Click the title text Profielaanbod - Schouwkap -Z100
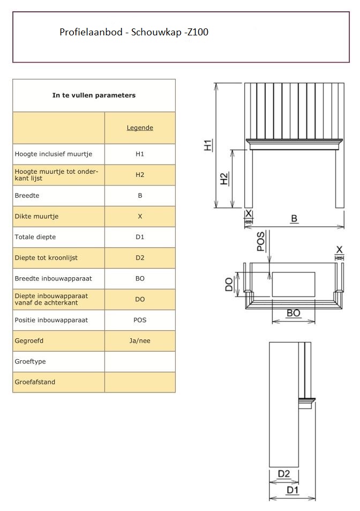pos(134,33)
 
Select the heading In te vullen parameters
pos(94,95)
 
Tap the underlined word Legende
pos(140,128)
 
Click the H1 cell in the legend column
pos(140,154)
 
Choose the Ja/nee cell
pos(140,340)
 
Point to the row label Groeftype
pos(30,361)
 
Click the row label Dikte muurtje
pos(36,216)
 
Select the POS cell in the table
pos(140,320)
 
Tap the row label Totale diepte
pos(35,237)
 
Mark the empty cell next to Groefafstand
pos(140,382)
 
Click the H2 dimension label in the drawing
pos(224,179)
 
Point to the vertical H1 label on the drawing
pos(208,144)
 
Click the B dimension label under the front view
pos(294,219)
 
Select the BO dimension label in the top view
pos(293,313)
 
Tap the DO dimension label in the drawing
pos(229,284)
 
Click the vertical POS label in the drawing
pos(261,241)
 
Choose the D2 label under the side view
pos(284,473)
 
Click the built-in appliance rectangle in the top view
pos(293,284)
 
